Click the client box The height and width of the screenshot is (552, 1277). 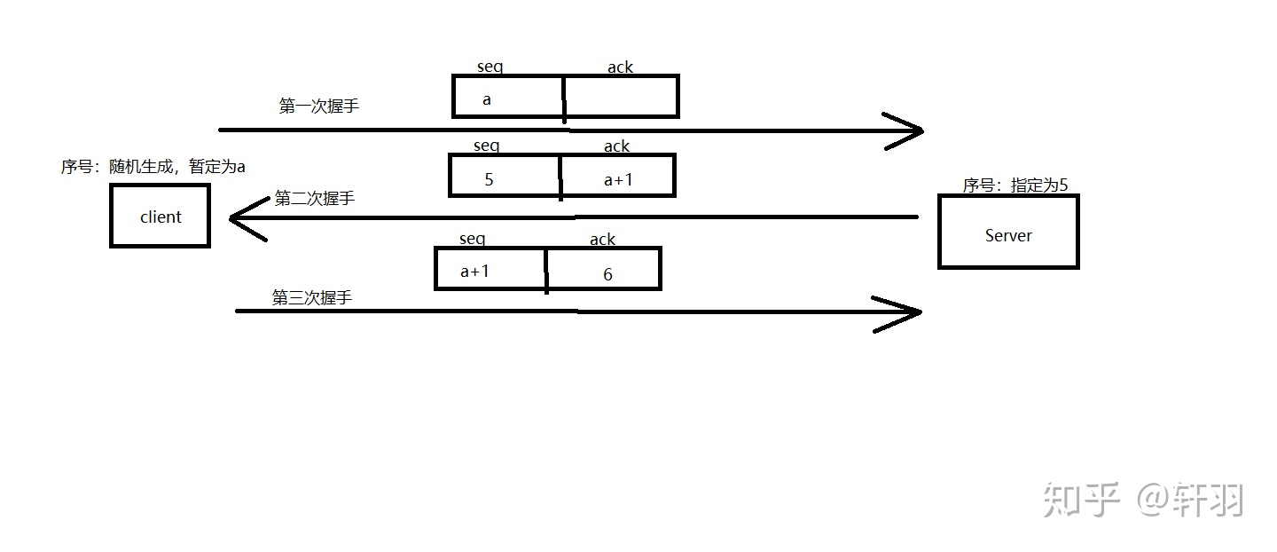tap(160, 216)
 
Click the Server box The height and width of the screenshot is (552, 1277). tap(1007, 233)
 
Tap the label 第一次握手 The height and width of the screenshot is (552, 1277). tap(318, 106)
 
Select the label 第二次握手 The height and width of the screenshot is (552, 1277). tap(314, 199)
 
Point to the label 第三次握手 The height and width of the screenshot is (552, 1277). tap(311, 298)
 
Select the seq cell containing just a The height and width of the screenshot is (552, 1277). tap(507, 97)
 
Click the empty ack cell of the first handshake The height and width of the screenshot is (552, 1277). tap(622, 97)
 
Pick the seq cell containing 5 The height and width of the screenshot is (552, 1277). tap(504, 176)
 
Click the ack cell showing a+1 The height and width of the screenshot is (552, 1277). tap(618, 176)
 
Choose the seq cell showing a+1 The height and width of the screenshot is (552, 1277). tap(490, 269)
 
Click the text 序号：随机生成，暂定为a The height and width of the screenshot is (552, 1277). tap(153, 167)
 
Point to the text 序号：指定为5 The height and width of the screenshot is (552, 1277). tap(1015, 185)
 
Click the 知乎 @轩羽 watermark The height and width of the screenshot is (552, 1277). tap(1143, 500)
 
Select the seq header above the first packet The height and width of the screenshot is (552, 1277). tap(490, 67)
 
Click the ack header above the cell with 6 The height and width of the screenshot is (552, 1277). tap(602, 240)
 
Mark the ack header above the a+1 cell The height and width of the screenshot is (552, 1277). tap(616, 146)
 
